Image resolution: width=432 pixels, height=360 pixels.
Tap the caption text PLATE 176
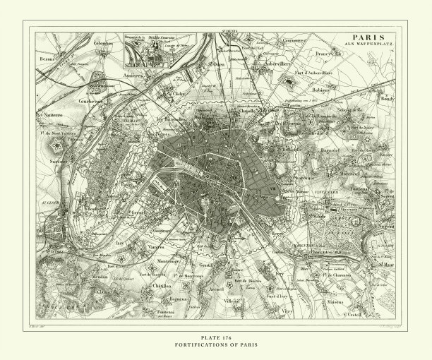click(x=215, y=337)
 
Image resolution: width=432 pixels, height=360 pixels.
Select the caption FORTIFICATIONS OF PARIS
click(x=215, y=344)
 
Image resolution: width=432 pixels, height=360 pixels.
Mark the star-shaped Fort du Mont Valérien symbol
click(x=56, y=144)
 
